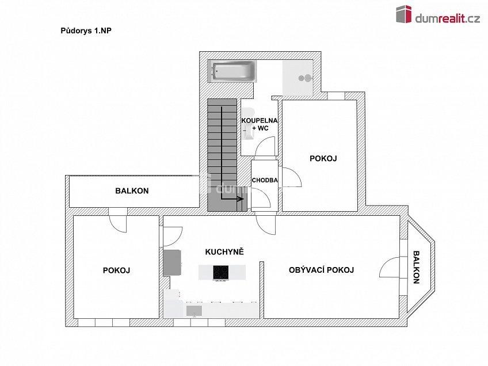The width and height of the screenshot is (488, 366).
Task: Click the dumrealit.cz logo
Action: [x=437, y=16]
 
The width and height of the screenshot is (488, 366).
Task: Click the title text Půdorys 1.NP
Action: [x=86, y=31]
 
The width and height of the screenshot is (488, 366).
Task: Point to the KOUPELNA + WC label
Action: [x=259, y=124]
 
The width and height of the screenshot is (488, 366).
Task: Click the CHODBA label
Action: [x=265, y=180]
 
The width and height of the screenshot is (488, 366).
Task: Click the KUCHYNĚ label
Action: [x=224, y=252]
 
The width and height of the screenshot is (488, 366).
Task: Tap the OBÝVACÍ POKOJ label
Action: [x=321, y=270]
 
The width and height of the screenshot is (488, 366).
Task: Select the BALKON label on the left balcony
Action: [x=132, y=191]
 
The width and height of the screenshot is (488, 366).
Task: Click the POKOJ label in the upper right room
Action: [x=323, y=158]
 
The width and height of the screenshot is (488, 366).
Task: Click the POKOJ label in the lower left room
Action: [x=116, y=270]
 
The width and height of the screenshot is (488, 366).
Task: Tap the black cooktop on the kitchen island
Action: [x=221, y=272]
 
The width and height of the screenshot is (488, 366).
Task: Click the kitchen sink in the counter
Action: [x=194, y=311]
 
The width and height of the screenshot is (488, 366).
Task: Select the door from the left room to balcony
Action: [x=118, y=222]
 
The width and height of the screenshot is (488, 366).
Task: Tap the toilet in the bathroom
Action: [x=247, y=123]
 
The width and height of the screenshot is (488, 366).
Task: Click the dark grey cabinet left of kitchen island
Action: [x=173, y=262]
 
